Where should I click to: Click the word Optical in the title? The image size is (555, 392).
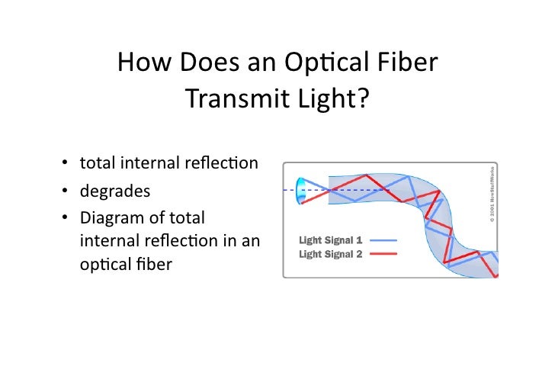click(332, 64)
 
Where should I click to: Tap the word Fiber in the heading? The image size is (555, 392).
click(408, 64)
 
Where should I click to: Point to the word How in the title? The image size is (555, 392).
click(146, 64)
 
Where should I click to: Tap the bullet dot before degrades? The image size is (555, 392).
click(66, 191)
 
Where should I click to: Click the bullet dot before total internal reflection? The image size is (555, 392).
click(66, 163)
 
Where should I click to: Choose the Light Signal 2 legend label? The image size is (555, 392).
click(330, 254)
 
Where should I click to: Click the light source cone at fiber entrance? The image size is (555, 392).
click(302, 190)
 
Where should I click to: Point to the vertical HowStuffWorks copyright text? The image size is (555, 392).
click(492, 194)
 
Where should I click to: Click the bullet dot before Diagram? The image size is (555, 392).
click(66, 217)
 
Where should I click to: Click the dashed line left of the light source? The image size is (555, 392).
click(289, 189)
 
